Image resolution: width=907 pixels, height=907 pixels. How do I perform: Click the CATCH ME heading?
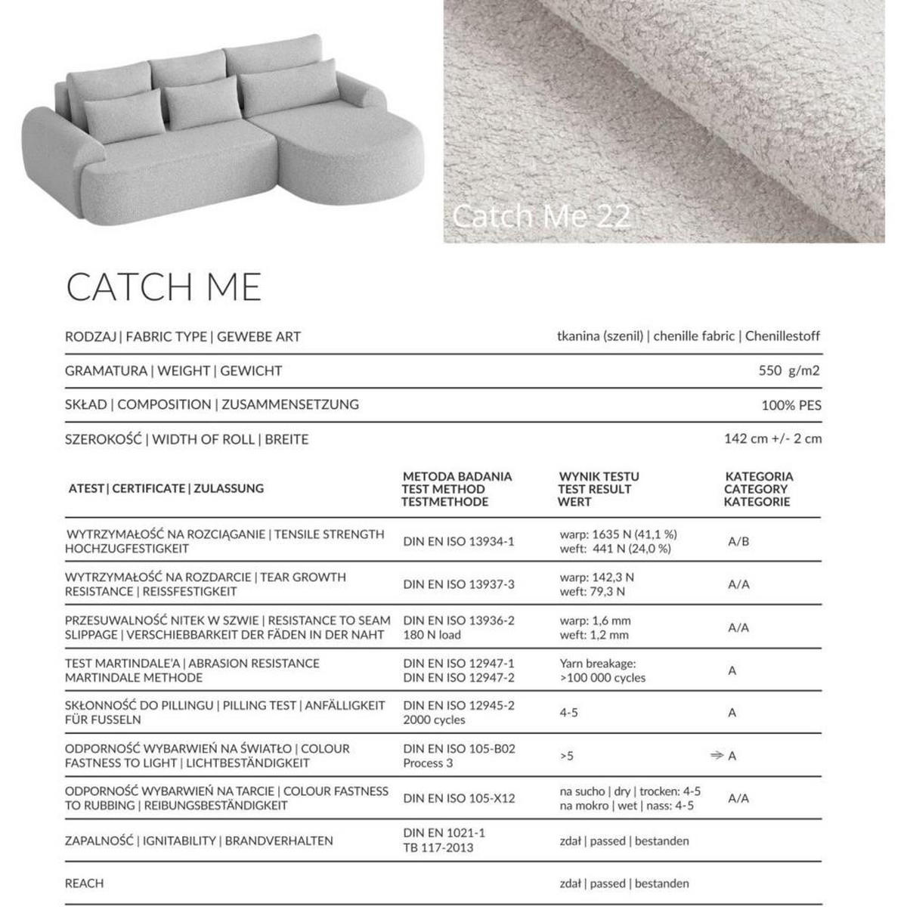[163, 286]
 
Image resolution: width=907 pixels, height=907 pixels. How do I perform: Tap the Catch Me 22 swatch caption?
[541, 217]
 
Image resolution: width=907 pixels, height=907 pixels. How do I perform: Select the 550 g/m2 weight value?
[788, 370]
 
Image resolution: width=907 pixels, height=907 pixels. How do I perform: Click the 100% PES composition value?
[791, 405]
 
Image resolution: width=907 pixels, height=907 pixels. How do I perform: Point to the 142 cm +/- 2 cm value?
[772, 438]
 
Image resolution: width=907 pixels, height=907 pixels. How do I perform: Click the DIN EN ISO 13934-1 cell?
[458, 541]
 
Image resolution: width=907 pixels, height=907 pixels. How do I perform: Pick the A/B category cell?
[738, 541]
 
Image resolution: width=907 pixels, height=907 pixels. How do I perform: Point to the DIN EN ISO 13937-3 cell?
[458, 584]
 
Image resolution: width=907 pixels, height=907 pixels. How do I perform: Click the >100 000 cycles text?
[602, 678]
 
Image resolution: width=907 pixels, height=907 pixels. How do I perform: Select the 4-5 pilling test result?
[568, 713]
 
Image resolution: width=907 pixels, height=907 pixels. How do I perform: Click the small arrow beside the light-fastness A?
[716, 755]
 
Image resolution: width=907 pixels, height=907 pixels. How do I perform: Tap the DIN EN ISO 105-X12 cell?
[459, 798]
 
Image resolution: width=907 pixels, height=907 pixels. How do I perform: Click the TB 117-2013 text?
[438, 847]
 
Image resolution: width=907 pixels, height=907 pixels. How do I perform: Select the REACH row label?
[84, 883]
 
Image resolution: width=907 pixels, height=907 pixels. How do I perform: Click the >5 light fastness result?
[566, 756]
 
